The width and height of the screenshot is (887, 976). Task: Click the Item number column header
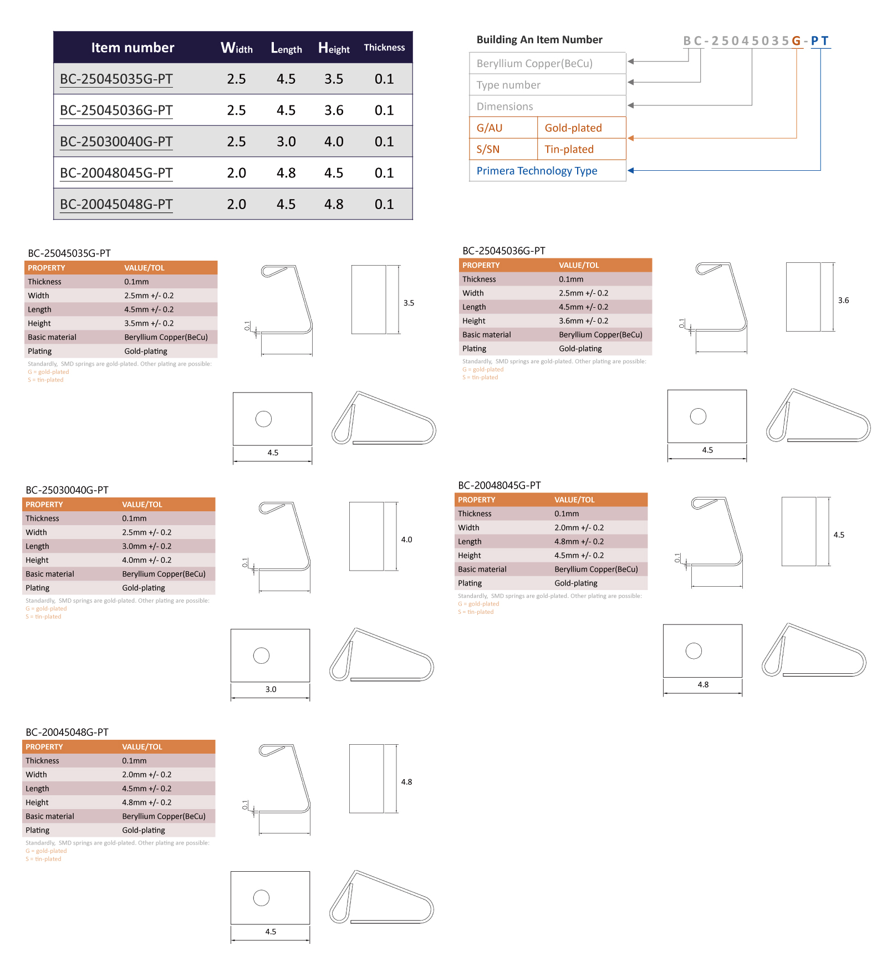pos(132,48)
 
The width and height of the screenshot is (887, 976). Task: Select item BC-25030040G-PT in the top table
pos(116,142)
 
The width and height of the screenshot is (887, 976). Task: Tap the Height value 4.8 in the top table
pos(334,205)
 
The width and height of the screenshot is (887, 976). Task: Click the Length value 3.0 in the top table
pos(286,142)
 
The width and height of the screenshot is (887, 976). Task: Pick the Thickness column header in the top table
pos(384,48)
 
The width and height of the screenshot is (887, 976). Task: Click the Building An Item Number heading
pos(539,40)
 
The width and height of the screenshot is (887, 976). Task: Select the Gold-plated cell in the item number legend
pos(573,128)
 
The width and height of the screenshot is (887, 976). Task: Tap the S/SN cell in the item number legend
pos(488,150)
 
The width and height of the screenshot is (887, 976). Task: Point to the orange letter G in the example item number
pos(796,41)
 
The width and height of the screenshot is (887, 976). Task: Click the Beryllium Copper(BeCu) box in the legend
pos(548,63)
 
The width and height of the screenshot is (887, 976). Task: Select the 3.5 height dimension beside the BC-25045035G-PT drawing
pos(409,303)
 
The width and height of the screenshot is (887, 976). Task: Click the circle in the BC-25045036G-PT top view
pos(698,416)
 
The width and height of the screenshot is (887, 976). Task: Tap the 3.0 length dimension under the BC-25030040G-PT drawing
pos(271,689)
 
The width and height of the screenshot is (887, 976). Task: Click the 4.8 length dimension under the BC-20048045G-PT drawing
pos(703,684)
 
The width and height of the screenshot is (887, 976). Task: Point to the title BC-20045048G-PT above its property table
pos(67,733)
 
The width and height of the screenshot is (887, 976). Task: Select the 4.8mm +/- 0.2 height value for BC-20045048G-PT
pos(147,802)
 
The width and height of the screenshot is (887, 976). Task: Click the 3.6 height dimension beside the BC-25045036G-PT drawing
pos(843,301)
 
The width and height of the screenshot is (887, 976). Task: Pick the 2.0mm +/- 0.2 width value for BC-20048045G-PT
pos(579,528)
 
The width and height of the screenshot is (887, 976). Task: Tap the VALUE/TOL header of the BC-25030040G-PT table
pos(142,505)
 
